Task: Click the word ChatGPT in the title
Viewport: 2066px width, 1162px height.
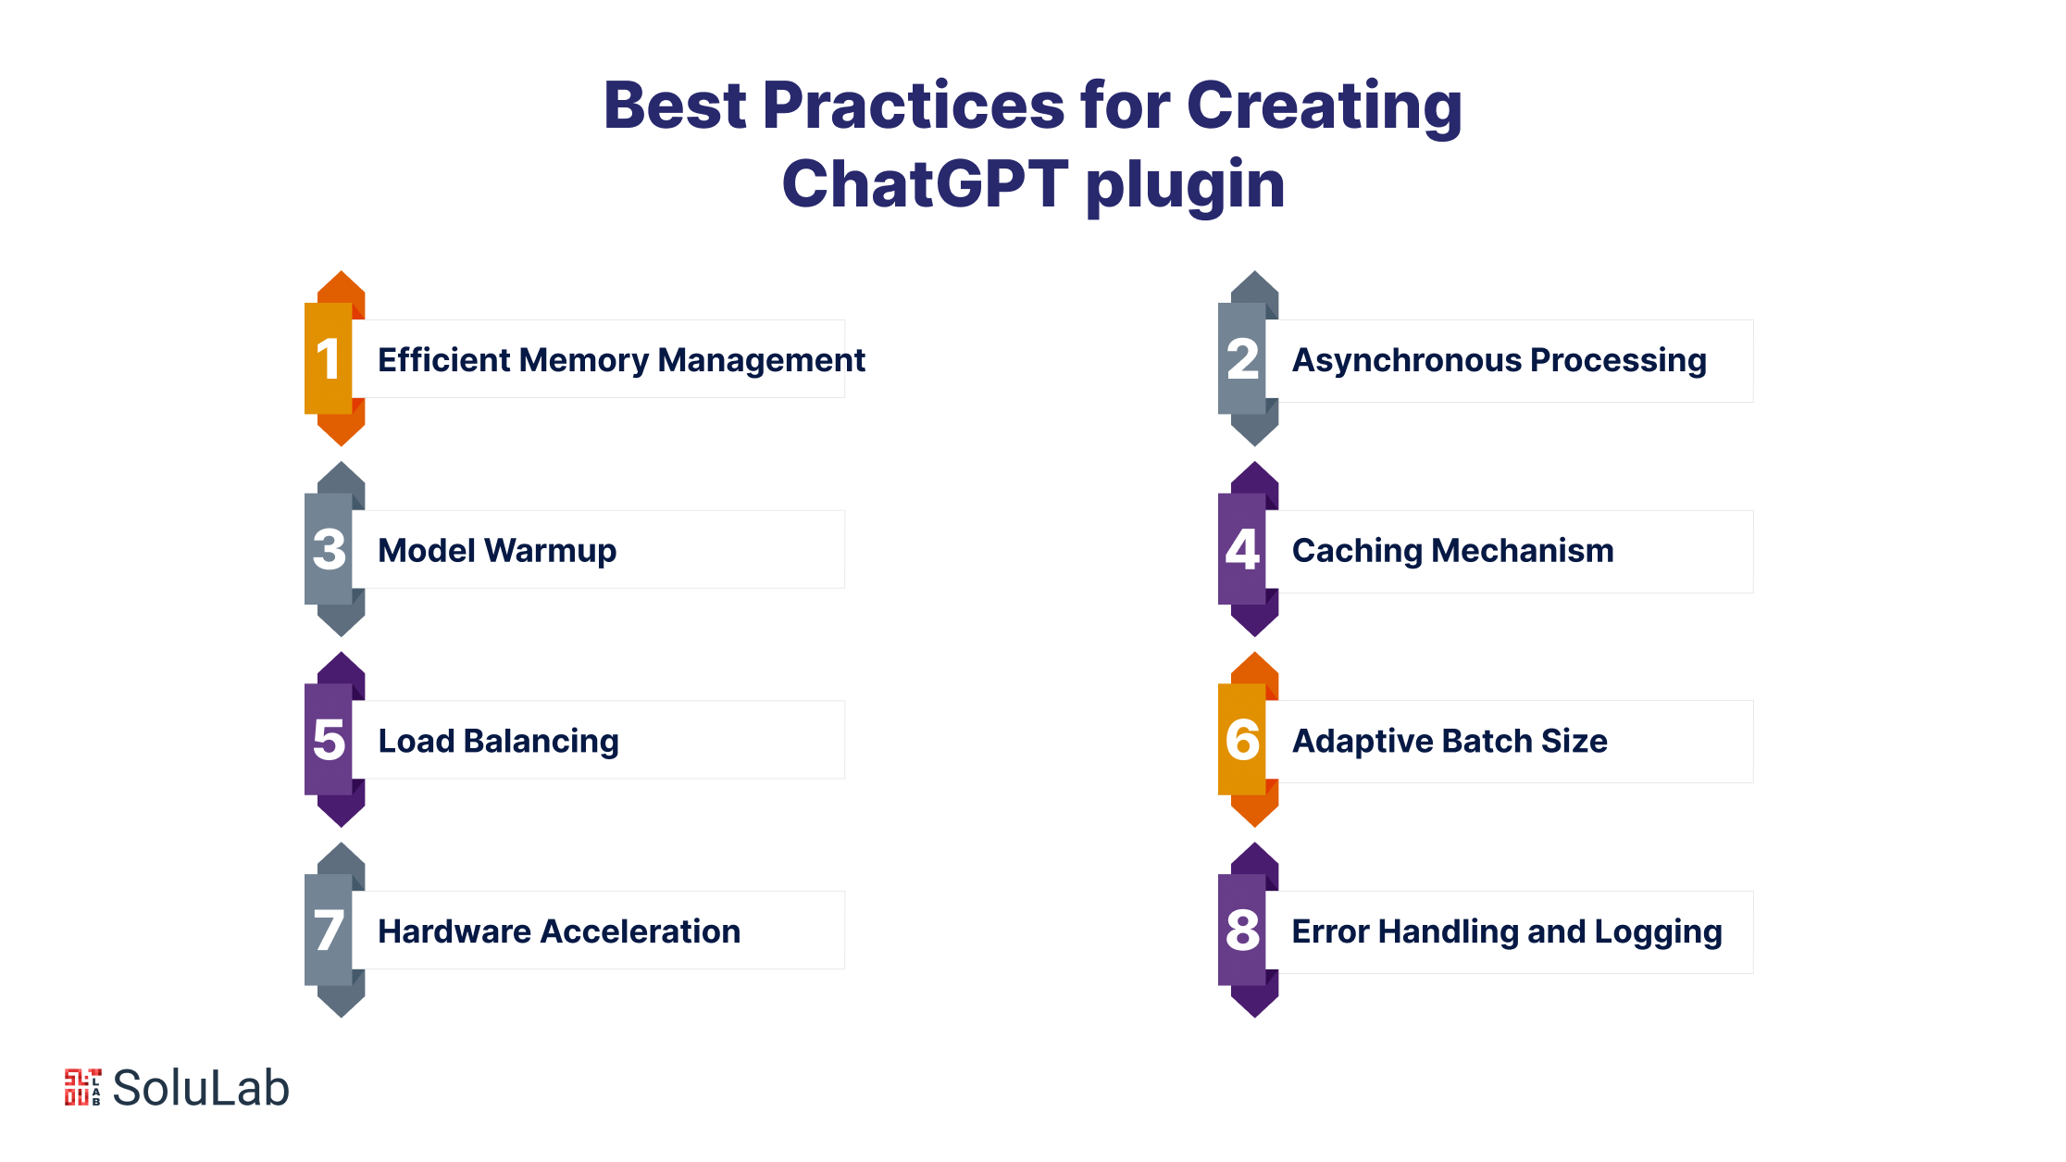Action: (926, 183)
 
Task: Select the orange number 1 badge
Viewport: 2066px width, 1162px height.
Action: (334, 358)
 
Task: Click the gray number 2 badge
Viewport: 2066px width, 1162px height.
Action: (1248, 358)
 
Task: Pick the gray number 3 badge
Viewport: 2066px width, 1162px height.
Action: (334, 549)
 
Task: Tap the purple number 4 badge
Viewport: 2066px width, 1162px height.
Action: (1248, 549)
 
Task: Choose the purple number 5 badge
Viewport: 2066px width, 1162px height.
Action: (334, 740)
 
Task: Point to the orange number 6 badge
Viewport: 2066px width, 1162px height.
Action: (1248, 740)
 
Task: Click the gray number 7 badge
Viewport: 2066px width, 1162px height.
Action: (334, 931)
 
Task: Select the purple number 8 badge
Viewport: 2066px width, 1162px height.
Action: (1248, 931)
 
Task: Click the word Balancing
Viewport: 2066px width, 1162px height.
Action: (541, 743)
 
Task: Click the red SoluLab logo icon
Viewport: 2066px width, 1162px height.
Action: (82, 1087)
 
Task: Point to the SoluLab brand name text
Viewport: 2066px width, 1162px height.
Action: (201, 1088)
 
